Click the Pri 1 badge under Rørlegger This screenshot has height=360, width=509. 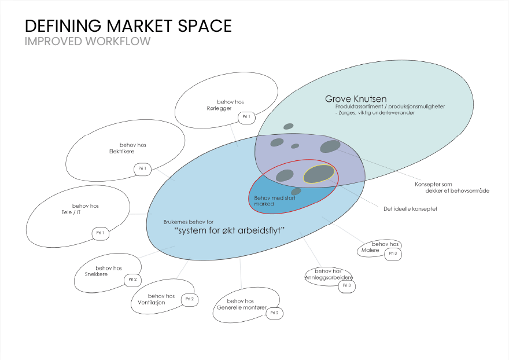246,117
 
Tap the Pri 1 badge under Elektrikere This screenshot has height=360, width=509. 142,169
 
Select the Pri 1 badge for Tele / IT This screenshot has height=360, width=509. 100,233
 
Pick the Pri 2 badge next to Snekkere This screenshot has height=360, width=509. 132,280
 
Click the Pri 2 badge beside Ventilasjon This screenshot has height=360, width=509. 189,299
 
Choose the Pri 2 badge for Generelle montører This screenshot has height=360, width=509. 274,313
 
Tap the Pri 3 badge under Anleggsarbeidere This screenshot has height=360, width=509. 346,285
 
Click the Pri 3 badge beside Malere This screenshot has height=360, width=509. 393,253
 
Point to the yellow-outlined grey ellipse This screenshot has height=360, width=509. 319,174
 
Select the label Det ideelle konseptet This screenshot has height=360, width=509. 410,208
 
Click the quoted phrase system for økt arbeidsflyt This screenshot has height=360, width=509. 231,231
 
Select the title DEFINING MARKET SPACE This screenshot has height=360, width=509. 128,26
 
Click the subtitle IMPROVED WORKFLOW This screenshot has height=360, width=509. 87,42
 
